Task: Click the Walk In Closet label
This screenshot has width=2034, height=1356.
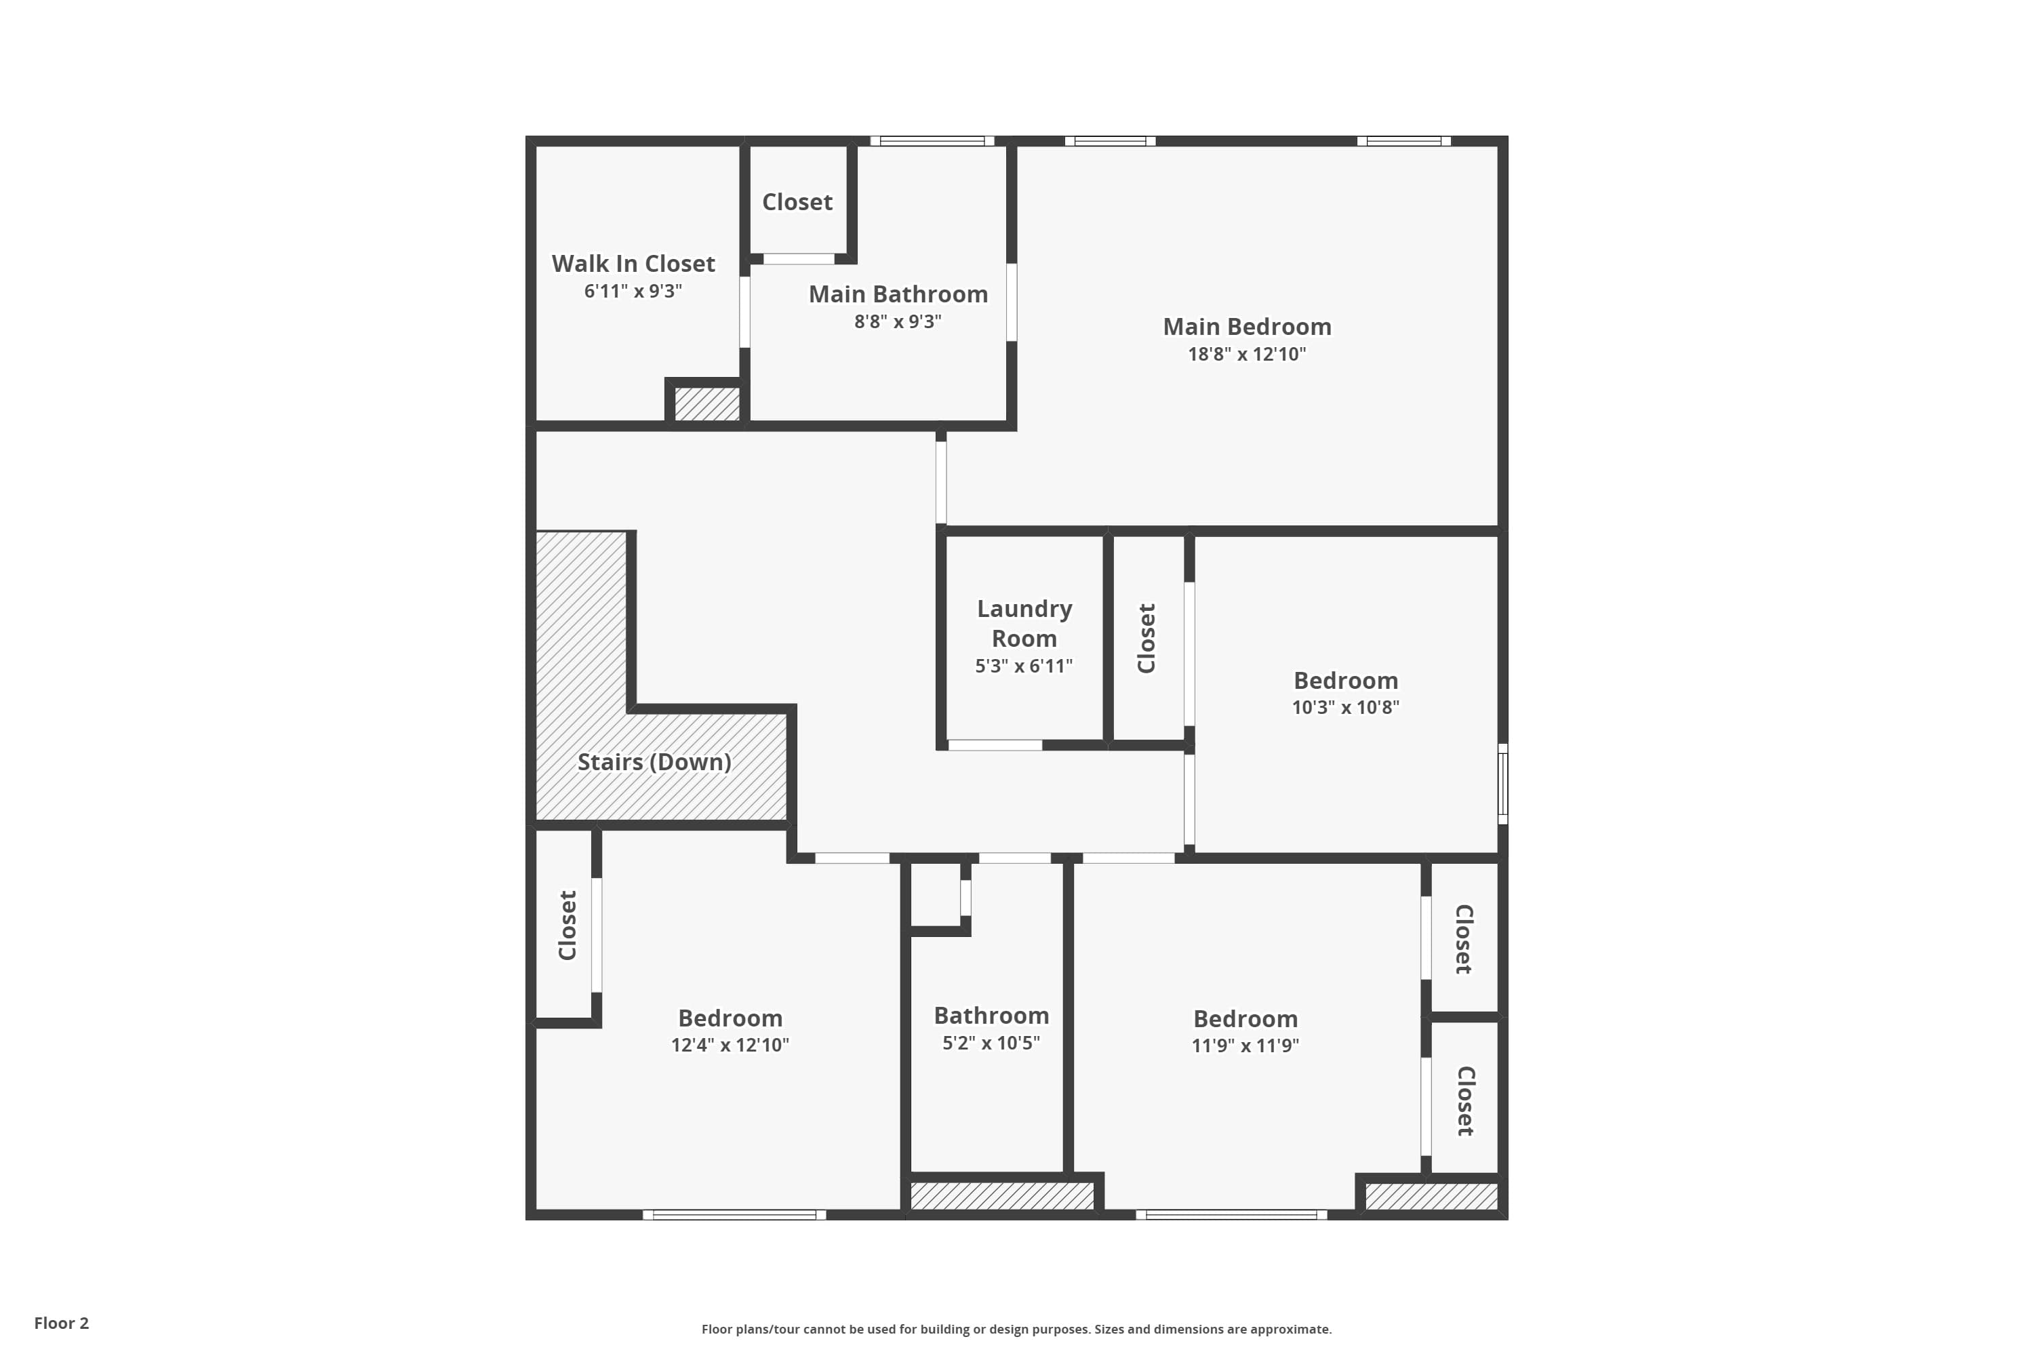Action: pyautogui.click(x=633, y=263)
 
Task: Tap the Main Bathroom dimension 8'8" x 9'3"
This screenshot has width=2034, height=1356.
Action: pyautogui.click(x=898, y=321)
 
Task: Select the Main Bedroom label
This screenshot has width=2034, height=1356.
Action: pyautogui.click(x=1247, y=327)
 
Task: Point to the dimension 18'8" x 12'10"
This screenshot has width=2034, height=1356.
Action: pyautogui.click(x=1247, y=354)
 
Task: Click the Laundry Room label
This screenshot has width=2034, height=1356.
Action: pyautogui.click(x=1024, y=624)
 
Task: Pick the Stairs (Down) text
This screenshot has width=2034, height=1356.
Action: pyautogui.click(x=655, y=762)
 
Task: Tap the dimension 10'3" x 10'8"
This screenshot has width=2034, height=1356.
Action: pyautogui.click(x=1346, y=707)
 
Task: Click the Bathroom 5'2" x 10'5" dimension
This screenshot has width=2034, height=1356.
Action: pyautogui.click(x=991, y=1043)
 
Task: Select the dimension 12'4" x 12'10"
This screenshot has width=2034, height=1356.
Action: pyautogui.click(x=730, y=1045)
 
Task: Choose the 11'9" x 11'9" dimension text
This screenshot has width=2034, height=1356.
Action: pyautogui.click(x=1245, y=1045)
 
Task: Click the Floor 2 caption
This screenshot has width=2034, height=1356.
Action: pyautogui.click(x=62, y=1323)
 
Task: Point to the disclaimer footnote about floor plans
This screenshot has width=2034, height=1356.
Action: pyautogui.click(x=1016, y=1329)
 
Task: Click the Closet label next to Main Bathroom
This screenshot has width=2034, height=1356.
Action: pyautogui.click(x=797, y=202)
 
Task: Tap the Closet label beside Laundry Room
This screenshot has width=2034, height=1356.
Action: pyautogui.click(x=1146, y=638)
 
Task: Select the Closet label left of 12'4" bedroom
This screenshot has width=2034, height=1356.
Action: pyautogui.click(x=567, y=925)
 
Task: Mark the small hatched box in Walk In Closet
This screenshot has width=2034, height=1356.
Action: pyautogui.click(x=707, y=404)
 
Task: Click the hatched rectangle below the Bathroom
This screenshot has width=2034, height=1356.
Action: pyautogui.click(x=1002, y=1196)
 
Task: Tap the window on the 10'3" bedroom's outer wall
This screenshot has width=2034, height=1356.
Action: pyautogui.click(x=1503, y=784)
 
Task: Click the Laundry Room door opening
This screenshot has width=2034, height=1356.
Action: pyautogui.click(x=995, y=745)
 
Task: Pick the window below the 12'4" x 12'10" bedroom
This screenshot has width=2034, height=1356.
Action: pyautogui.click(x=734, y=1215)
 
